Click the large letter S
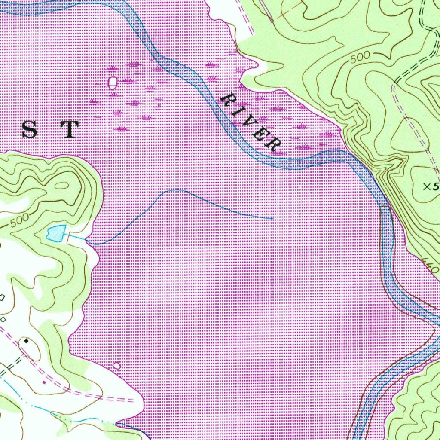[x=29, y=129]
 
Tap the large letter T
[x=70, y=129]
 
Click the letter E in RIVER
[x=260, y=134]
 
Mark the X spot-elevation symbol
[x=427, y=186]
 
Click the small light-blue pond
[x=56, y=233]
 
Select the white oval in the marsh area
[x=113, y=82]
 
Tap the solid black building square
[x=27, y=341]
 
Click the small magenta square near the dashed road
[x=44, y=381]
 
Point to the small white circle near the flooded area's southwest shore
[x=116, y=366]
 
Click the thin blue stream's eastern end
[x=273, y=218]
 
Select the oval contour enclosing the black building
[x=30, y=348]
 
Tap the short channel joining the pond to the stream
[x=75, y=237]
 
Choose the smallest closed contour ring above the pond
[x=62, y=186]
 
